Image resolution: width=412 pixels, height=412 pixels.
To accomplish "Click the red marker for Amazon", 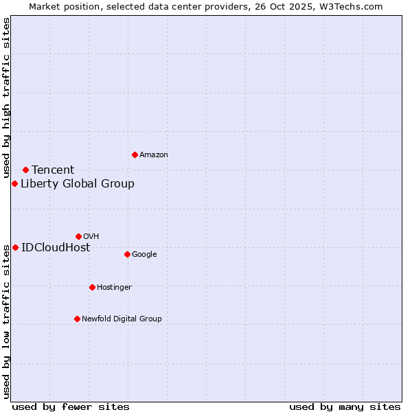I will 135,154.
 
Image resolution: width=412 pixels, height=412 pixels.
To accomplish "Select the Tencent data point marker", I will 25,170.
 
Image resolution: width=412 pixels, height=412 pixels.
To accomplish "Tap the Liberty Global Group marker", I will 14,183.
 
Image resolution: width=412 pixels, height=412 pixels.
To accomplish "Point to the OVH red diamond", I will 78,236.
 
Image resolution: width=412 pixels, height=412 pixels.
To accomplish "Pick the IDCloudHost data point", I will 15,247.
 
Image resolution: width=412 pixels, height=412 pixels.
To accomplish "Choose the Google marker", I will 127,254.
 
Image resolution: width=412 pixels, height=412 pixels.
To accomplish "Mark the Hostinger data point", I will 92,287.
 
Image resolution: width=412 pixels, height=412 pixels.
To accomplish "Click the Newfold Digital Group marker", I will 77,319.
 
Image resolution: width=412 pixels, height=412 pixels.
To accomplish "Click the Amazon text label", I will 153,155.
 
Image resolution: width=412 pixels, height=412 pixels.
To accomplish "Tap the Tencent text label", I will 53,170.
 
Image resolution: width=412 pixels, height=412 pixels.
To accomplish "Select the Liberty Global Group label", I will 78,184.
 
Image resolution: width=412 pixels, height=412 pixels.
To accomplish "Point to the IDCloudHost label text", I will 56,248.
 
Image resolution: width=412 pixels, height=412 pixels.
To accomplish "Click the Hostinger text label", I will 114,288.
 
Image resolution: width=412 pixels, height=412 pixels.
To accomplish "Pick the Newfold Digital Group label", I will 122,319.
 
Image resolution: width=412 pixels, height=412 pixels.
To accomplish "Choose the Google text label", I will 144,255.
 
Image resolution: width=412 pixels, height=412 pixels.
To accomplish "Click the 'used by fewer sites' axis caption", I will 71,407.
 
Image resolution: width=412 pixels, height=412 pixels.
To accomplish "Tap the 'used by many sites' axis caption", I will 345,407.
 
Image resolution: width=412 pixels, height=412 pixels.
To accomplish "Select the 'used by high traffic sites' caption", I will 6,98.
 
